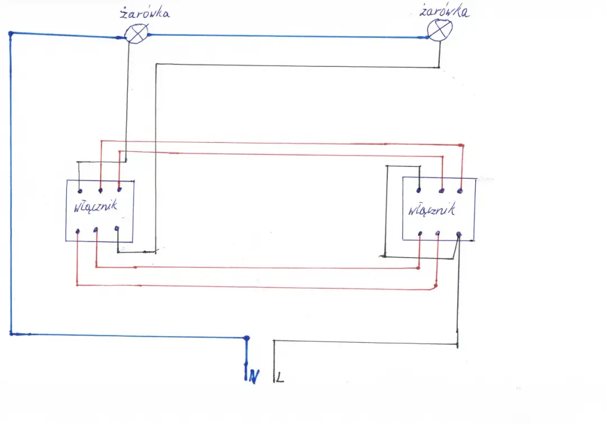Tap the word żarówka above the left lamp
(145, 13)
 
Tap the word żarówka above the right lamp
(444, 11)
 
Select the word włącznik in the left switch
(95, 206)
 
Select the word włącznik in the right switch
(431, 211)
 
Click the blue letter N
(254, 378)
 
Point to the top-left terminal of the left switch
(80, 190)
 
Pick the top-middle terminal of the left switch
(100, 190)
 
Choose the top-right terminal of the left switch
(119, 190)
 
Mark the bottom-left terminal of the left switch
(77, 230)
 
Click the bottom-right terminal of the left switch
(117, 228)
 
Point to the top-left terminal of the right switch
(420, 190)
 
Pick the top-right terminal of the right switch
(461, 191)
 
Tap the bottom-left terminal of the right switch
(420, 233)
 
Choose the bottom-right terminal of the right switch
(459, 233)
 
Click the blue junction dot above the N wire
(246, 338)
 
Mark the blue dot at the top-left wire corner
(11, 34)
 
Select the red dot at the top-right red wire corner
(461, 145)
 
